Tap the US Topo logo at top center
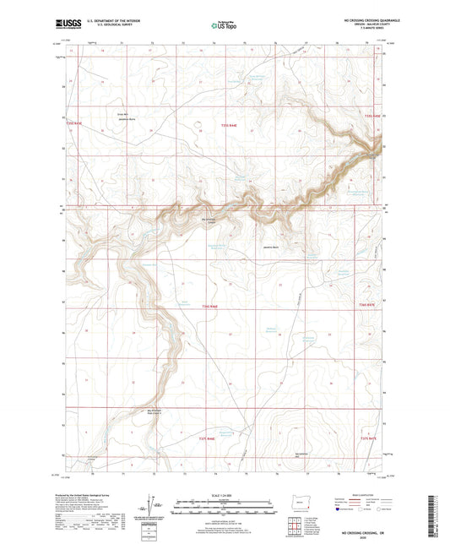click(x=224, y=25)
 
